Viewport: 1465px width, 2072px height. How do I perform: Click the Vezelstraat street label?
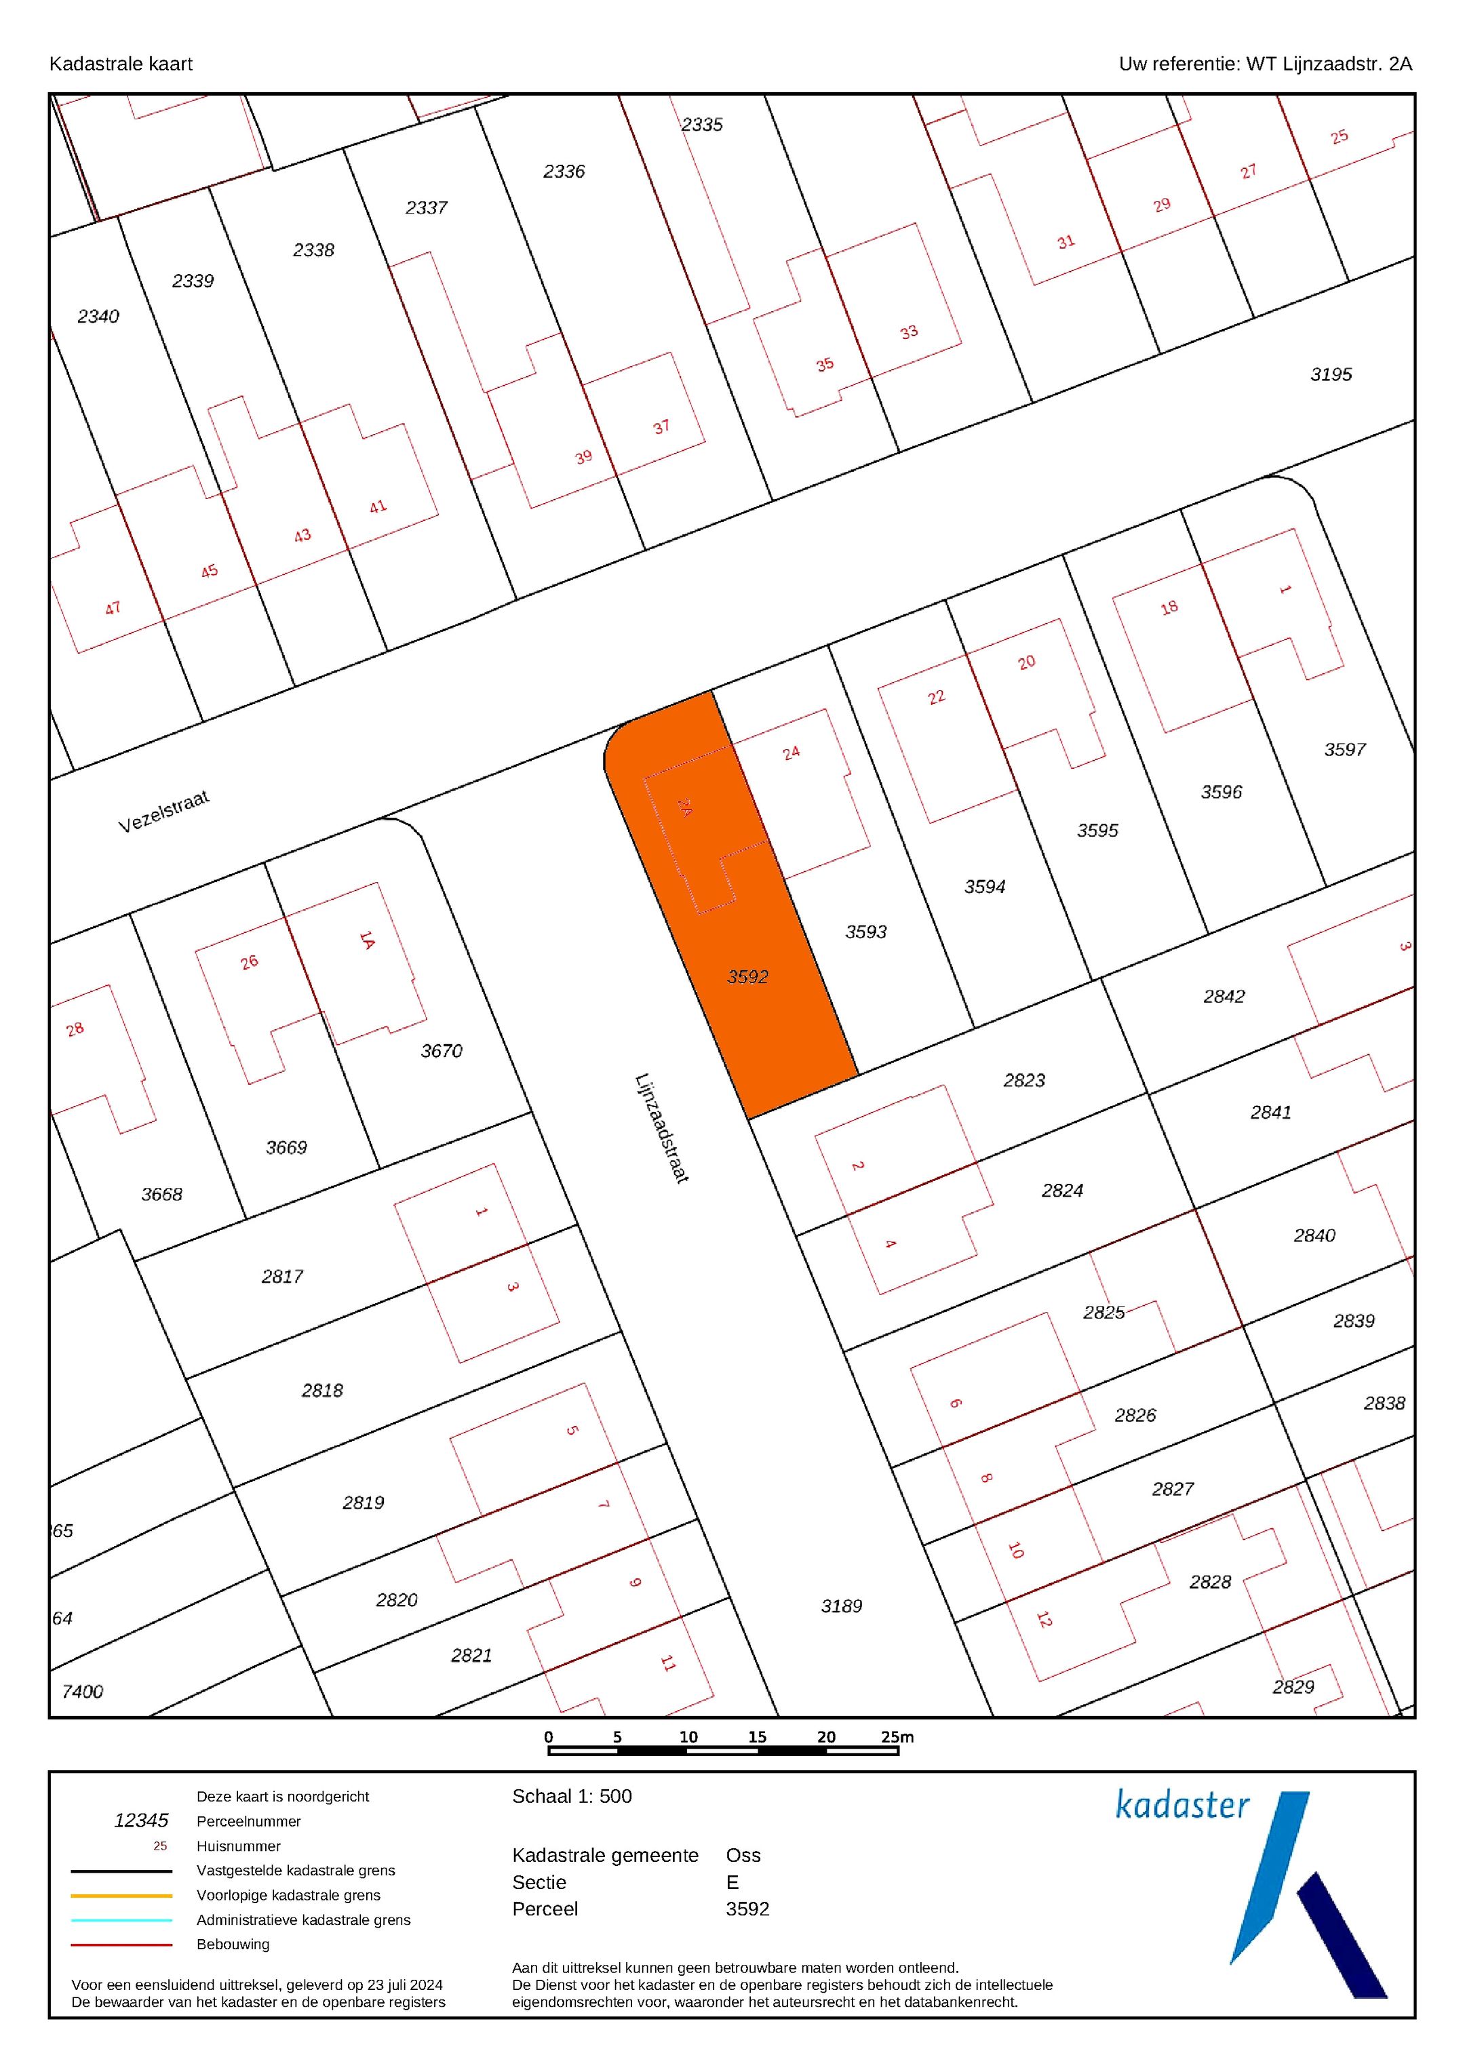click(x=163, y=812)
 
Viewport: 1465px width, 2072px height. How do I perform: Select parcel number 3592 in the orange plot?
click(x=747, y=976)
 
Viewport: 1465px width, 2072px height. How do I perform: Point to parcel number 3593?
click(x=865, y=932)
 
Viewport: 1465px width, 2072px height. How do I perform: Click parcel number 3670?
click(x=442, y=1050)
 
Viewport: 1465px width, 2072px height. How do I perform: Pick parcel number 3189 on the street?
click(x=841, y=1606)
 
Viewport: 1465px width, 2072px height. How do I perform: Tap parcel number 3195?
click(x=1331, y=374)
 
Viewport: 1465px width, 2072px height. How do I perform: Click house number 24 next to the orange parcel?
click(x=792, y=753)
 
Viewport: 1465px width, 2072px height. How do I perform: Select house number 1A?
click(x=366, y=940)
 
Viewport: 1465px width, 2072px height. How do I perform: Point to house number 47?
click(x=113, y=608)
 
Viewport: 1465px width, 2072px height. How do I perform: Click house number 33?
click(x=909, y=332)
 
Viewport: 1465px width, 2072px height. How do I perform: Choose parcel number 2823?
click(x=1023, y=1080)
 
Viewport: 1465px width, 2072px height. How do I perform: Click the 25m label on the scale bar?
click(x=897, y=1737)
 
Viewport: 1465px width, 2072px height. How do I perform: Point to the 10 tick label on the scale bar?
click(x=688, y=1737)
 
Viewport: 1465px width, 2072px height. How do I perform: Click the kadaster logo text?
click(x=1182, y=1805)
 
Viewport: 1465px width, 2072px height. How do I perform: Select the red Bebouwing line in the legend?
click(x=122, y=1945)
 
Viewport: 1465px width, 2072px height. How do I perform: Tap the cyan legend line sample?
click(x=122, y=1920)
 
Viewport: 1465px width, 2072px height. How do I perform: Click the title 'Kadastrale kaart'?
click(x=120, y=64)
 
